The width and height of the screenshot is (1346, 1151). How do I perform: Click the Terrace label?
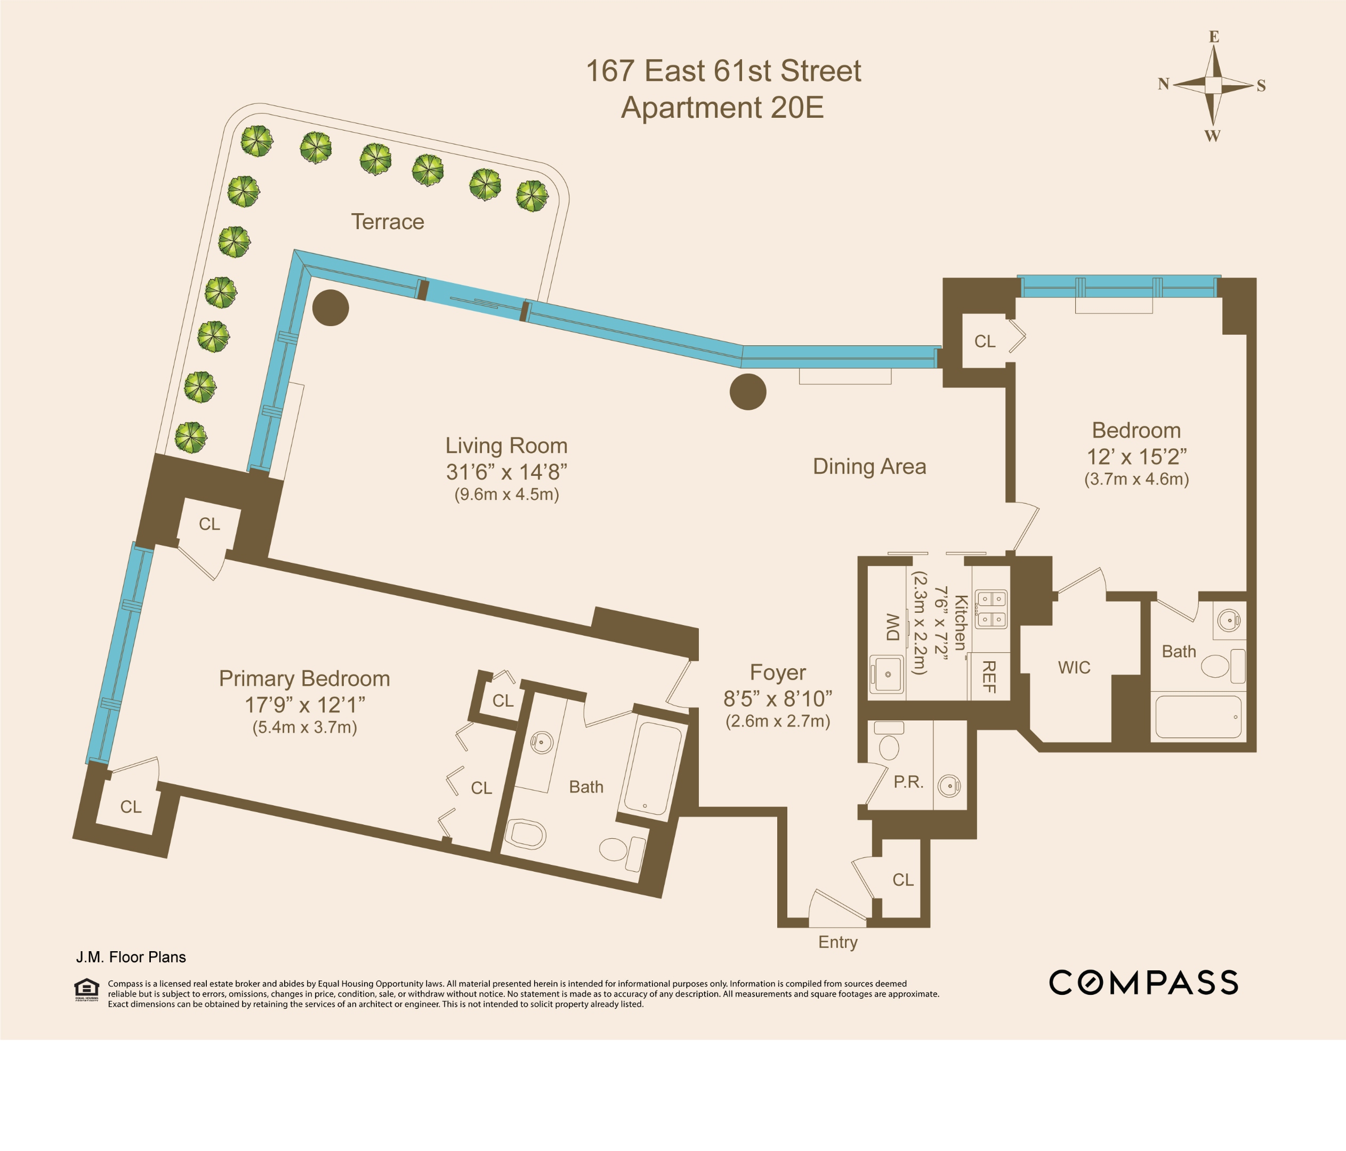(x=387, y=222)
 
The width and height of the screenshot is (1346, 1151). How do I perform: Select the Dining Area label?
(x=869, y=466)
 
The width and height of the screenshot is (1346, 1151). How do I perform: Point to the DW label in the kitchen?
(x=893, y=626)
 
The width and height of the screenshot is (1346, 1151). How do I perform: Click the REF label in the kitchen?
(x=989, y=677)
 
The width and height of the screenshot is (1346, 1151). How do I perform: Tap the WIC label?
(x=1074, y=668)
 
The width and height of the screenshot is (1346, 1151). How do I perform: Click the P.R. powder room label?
(x=908, y=782)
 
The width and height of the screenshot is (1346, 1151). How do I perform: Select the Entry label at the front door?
(x=837, y=942)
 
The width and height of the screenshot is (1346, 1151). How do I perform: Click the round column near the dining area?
(x=748, y=392)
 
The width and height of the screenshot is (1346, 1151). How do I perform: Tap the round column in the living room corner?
(x=331, y=308)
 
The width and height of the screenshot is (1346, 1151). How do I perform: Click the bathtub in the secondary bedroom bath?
(x=1198, y=717)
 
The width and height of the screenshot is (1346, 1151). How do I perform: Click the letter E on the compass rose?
(x=1213, y=37)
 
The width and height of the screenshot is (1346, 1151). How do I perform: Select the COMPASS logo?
(x=1143, y=983)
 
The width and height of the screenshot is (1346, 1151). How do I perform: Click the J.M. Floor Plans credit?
(x=131, y=957)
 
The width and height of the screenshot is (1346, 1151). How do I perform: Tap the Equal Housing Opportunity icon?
(x=86, y=989)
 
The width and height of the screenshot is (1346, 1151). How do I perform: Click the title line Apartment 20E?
(x=722, y=108)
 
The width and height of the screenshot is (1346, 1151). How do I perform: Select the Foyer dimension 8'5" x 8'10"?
(x=778, y=699)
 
